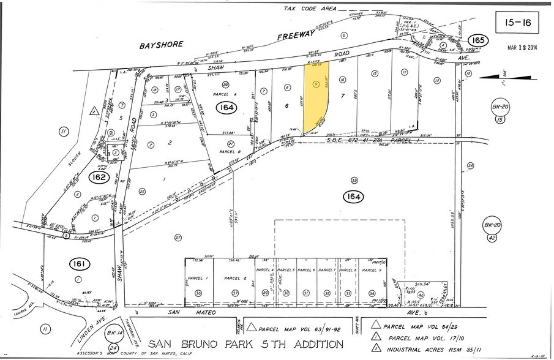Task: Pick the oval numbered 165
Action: tap(476, 41)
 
